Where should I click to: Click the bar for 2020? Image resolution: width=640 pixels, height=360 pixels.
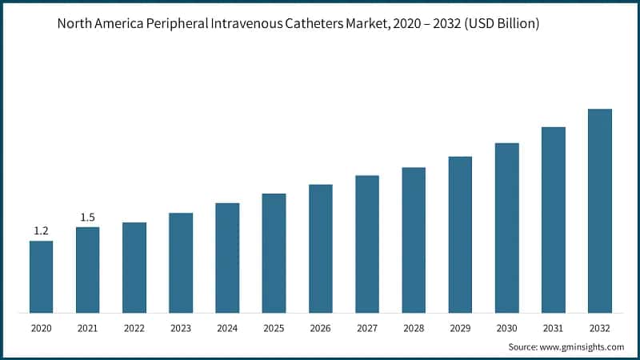[x=41, y=277]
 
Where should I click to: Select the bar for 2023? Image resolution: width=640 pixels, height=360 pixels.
[x=181, y=262]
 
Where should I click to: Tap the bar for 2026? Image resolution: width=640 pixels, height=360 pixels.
[x=321, y=248]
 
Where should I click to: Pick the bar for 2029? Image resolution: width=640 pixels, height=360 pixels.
[x=460, y=234]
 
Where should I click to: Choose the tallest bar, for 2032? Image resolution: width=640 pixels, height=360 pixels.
[x=600, y=210]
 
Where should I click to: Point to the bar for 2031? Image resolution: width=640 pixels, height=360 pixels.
[x=554, y=219]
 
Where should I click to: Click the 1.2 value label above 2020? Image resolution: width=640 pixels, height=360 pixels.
[x=41, y=231]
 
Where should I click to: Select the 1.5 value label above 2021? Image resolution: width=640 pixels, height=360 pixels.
[x=87, y=218]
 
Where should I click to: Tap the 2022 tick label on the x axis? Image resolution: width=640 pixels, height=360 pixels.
[x=134, y=328]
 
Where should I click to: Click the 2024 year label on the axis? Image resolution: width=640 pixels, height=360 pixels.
[x=227, y=328]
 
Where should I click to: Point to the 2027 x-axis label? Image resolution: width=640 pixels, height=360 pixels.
[x=367, y=328]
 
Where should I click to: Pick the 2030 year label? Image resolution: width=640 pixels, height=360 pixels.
[x=507, y=328]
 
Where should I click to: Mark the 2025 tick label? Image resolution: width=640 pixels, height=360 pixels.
[x=274, y=328]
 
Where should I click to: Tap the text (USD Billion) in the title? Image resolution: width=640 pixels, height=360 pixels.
[x=501, y=24]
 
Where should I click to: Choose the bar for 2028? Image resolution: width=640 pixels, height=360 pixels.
[x=414, y=240]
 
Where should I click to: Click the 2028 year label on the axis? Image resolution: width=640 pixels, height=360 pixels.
[x=414, y=328]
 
